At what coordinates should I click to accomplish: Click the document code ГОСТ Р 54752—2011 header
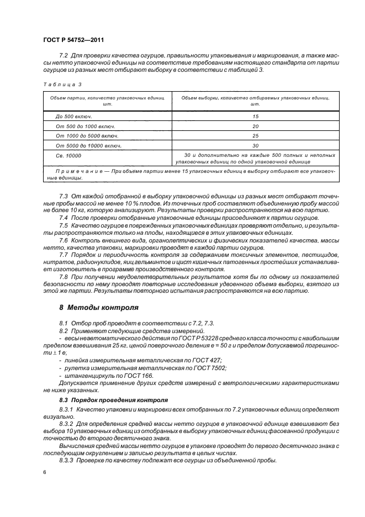(73, 40)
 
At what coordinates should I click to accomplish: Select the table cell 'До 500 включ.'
(73, 117)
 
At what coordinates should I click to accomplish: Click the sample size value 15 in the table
(255, 117)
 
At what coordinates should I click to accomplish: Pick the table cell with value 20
(255, 126)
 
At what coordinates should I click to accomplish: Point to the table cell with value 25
(255, 136)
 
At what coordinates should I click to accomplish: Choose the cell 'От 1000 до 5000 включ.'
(85, 136)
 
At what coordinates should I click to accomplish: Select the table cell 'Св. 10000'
(68, 156)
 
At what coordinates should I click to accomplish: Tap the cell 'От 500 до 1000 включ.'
(83, 126)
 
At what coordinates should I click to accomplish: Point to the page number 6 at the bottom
(44, 473)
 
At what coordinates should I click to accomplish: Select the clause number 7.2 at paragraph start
(63, 56)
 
